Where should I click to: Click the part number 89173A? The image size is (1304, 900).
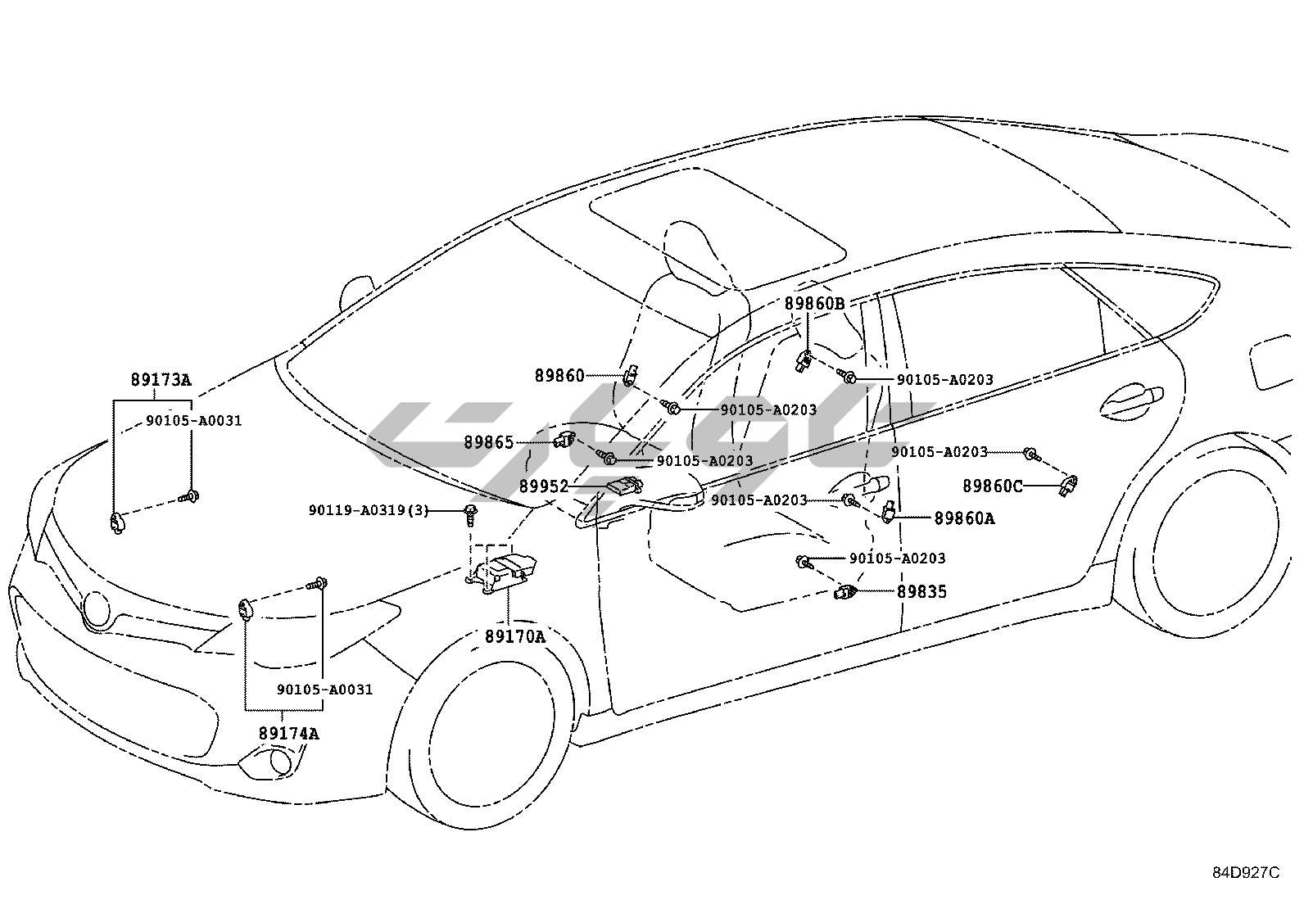pyautogui.click(x=161, y=380)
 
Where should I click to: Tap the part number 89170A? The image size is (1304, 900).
pyautogui.click(x=514, y=636)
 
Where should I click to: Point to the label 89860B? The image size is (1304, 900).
pyautogui.click(x=814, y=304)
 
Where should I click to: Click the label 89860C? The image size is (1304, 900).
pyautogui.click(x=992, y=486)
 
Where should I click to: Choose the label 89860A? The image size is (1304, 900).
pyautogui.click(x=964, y=518)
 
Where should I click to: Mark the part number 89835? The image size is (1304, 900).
pyautogui.click(x=921, y=591)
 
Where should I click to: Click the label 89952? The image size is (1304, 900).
pyautogui.click(x=544, y=486)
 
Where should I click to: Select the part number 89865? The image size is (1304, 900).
pyautogui.click(x=489, y=443)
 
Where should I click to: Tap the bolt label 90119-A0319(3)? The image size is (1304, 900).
pyautogui.click(x=369, y=510)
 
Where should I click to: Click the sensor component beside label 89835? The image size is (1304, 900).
pyautogui.click(x=846, y=592)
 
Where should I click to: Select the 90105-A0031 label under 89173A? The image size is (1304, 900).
pyautogui.click(x=194, y=421)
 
